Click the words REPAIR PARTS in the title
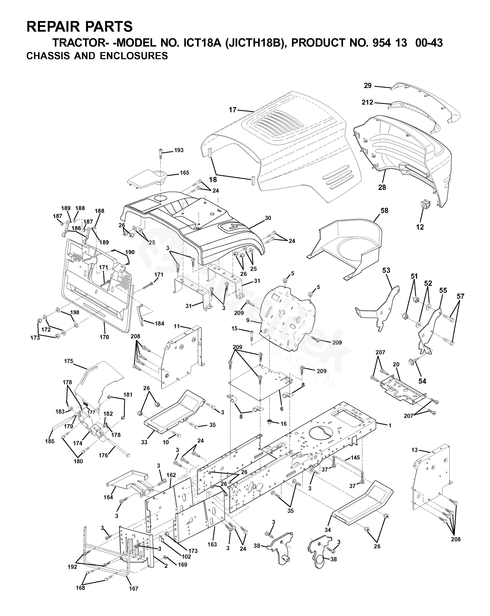[79, 27]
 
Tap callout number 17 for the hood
[233, 109]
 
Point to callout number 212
[367, 102]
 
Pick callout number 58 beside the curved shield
[384, 211]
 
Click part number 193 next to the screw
[179, 150]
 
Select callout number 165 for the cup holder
[184, 173]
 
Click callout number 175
[69, 361]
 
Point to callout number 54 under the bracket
[422, 381]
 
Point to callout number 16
[283, 424]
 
